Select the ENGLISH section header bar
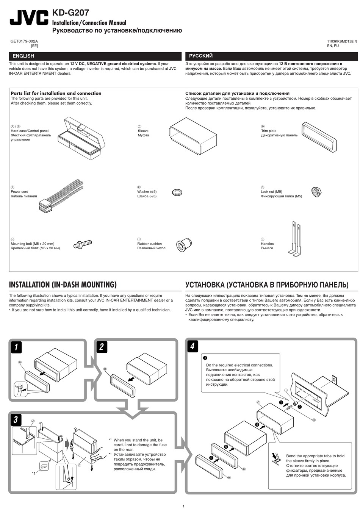95,56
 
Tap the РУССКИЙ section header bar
271,56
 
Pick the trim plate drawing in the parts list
319,137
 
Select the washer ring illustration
177,192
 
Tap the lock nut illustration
315,192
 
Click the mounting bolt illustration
83,244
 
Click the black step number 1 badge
16,347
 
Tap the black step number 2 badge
102,347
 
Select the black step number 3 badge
16,419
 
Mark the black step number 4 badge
193,346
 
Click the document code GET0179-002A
24,41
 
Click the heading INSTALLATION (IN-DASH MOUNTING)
63,285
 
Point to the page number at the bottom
183,506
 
